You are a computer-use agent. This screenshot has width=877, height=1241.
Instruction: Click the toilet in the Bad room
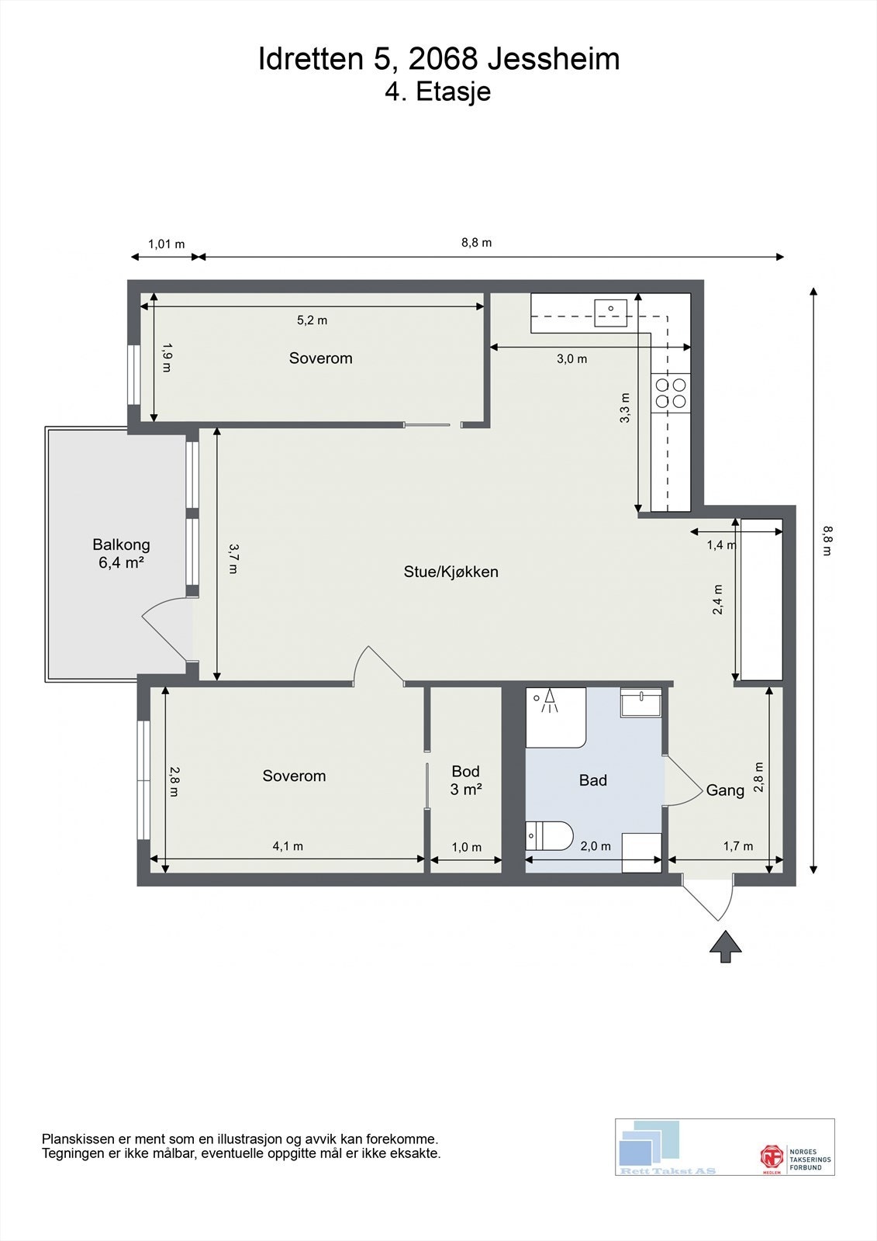click(x=549, y=836)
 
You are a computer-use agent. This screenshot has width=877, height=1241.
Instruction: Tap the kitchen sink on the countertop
click(x=611, y=313)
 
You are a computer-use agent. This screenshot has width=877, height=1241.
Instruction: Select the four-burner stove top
click(x=671, y=393)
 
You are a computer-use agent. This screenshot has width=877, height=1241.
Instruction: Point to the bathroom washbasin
click(x=641, y=703)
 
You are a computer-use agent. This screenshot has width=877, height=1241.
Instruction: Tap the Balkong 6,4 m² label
click(x=121, y=554)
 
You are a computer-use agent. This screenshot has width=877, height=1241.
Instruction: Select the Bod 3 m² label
click(x=466, y=780)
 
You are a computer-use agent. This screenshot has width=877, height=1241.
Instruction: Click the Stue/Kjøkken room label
click(x=451, y=572)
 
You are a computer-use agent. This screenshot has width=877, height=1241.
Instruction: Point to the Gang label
click(x=725, y=790)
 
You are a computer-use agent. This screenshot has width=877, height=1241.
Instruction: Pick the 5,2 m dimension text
click(x=312, y=320)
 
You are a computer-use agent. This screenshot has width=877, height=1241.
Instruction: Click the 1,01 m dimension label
click(x=166, y=244)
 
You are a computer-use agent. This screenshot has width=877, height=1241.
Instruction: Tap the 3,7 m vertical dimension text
click(x=233, y=558)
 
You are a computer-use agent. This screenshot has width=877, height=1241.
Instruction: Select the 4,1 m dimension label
click(x=288, y=846)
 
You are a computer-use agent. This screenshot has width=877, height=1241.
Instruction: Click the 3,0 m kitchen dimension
click(x=571, y=359)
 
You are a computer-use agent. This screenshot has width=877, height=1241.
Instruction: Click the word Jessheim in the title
click(x=554, y=59)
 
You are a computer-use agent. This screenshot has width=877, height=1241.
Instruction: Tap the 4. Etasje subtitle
click(x=437, y=92)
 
